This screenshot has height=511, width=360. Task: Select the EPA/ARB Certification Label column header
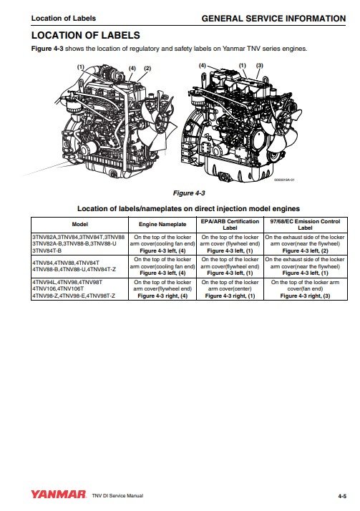coord(230,223)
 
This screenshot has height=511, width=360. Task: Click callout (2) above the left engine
coord(147,68)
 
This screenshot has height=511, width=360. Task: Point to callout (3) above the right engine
coord(260,66)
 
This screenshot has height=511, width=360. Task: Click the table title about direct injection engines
coord(180,208)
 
